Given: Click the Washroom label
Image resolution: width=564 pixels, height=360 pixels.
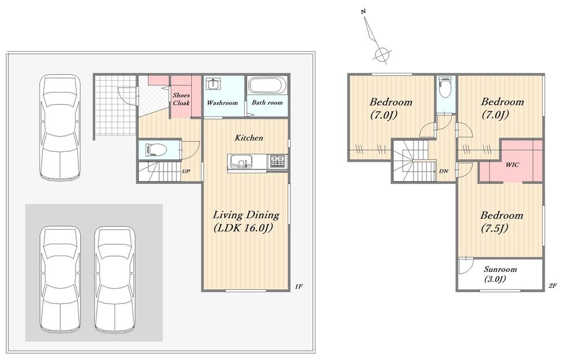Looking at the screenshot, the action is click(222, 103).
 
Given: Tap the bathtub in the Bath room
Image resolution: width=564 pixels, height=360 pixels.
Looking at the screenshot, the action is click(267, 85).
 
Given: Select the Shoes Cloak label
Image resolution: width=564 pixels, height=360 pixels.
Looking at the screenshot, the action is click(181, 99).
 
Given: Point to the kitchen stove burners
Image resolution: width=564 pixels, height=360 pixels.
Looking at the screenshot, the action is click(277, 161).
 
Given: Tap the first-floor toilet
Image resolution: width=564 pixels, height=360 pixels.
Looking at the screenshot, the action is click(156, 150).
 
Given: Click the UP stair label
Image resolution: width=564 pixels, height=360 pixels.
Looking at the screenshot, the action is click(186, 172).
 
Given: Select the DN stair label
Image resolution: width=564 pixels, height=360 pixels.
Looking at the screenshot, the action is click(443, 171).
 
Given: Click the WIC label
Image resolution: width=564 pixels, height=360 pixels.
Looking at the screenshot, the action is click(512, 165).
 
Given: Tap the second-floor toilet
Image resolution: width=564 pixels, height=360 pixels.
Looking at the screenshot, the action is click(446, 87).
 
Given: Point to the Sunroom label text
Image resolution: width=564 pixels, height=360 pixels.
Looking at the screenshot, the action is click(500, 274).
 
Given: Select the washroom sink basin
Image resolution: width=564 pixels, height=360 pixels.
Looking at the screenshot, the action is click(213, 84).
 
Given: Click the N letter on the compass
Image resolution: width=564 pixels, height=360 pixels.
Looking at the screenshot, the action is click(363, 11).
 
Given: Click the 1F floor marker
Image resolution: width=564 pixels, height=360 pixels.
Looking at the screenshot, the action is click(298, 287).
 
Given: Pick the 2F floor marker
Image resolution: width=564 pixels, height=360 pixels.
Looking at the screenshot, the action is click(553, 286).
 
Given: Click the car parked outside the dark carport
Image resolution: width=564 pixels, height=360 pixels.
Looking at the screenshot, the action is click(60, 127).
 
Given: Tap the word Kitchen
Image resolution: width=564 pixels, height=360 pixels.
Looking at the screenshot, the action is click(249, 138).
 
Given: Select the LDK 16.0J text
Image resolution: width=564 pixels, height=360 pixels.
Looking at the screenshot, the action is click(243, 228).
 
